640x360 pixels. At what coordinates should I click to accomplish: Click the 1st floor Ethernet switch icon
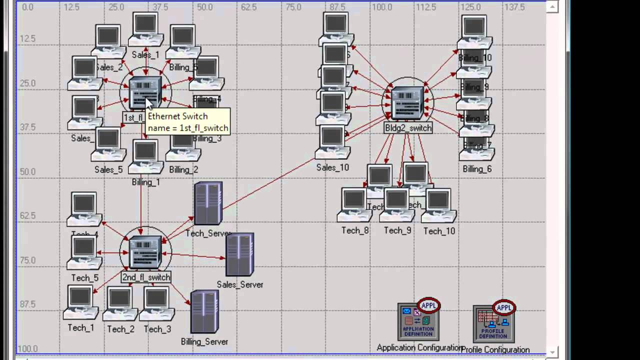[144, 92]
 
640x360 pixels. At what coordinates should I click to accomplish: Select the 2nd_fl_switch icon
[145, 252]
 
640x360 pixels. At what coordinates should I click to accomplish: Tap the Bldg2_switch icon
[407, 102]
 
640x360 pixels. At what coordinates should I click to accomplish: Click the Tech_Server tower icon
[208, 203]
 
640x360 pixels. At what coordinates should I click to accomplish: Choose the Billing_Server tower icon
[204, 312]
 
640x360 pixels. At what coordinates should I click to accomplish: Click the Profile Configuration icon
[494, 323]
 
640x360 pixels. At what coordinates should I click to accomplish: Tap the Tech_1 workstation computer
[80, 302]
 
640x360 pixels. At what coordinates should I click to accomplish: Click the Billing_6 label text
[477, 169]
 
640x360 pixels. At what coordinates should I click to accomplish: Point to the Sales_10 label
[332, 167]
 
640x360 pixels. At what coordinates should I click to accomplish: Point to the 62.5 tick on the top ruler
[248, 7]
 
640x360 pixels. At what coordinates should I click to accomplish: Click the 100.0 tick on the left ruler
[27, 348]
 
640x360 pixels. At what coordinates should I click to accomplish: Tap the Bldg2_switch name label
[408, 128]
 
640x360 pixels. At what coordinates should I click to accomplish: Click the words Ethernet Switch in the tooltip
[177, 116]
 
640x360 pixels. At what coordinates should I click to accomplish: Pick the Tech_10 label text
[439, 231]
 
